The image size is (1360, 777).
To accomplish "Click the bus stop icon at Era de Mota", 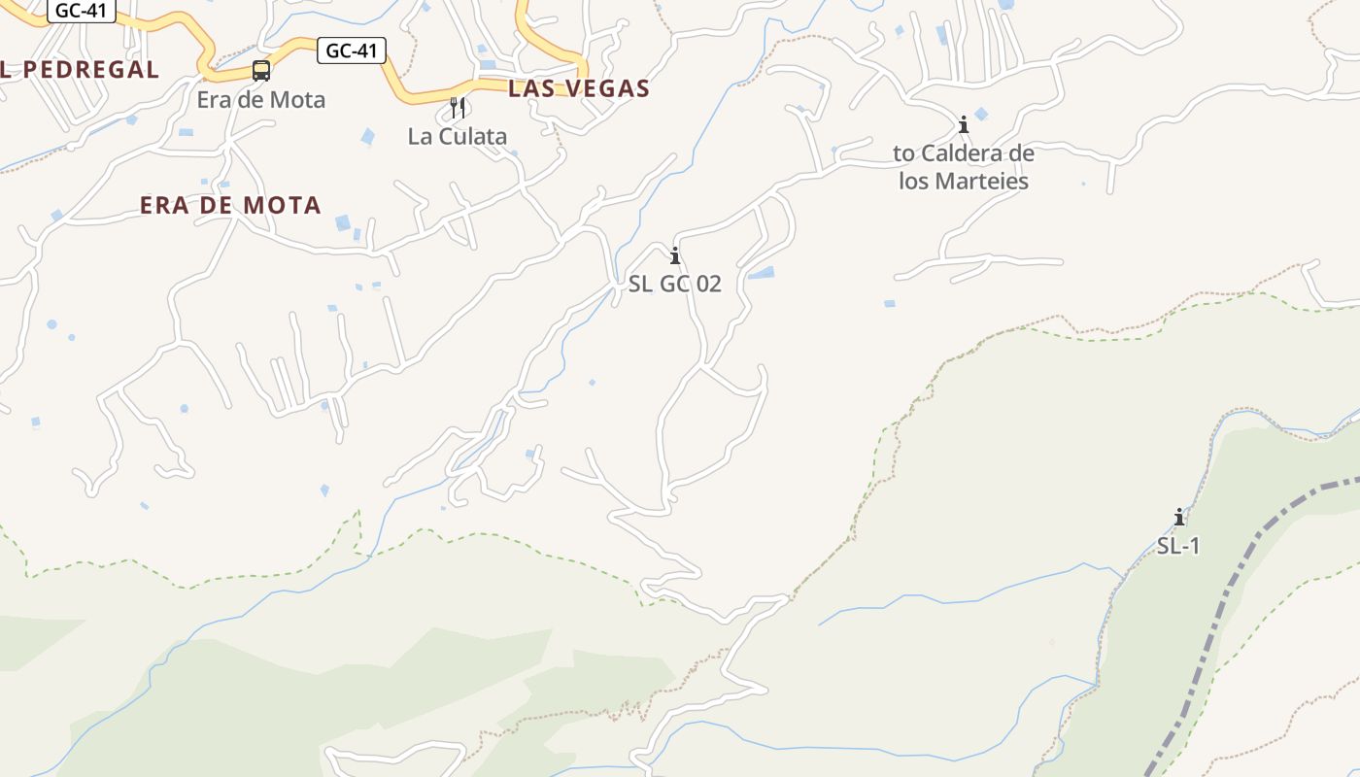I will pyautogui.click(x=261, y=70).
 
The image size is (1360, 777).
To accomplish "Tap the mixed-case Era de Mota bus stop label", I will pyautogui.click(x=261, y=99).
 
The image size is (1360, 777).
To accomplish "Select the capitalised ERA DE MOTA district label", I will pyautogui.click(x=230, y=205).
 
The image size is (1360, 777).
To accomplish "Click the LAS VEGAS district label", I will pyautogui.click(x=579, y=88).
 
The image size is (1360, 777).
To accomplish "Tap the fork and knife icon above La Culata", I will pyautogui.click(x=459, y=107).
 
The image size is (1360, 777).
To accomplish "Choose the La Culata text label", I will pyautogui.click(x=458, y=136).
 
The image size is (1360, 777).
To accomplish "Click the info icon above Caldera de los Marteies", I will pyautogui.click(x=964, y=124).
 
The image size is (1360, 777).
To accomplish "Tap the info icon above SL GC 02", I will pyautogui.click(x=675, y=256).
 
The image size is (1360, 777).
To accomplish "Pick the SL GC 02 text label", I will pyautogui.click(x=675, y=285).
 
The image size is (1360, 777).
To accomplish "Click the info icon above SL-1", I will pyautogui.click(x=1179, y=517).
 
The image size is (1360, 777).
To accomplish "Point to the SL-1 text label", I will pyautogui.click(x=1178, y=546).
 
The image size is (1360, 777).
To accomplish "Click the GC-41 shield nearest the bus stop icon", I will pyautogui.click(x=352, y=51).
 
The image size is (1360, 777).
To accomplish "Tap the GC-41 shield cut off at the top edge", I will pyautogui.click(x=82, y=10).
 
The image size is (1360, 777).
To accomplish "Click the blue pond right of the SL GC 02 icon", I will pyautogui.click(x=761, y=273).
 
